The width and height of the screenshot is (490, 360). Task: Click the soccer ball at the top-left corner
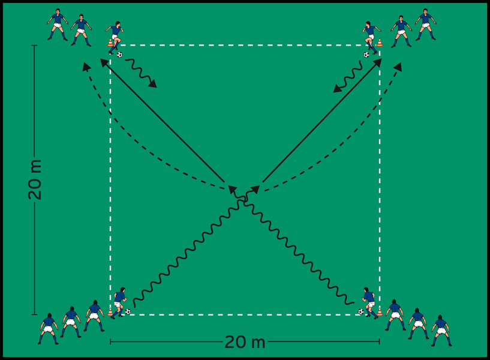point(119,55)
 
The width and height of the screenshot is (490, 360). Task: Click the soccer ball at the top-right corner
point(366,55)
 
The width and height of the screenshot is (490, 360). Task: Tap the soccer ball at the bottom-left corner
point(128,311)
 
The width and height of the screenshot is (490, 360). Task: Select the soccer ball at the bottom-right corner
point(360,311)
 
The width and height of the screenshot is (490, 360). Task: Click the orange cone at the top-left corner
point(110,43)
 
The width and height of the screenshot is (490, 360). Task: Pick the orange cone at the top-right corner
point(380,43)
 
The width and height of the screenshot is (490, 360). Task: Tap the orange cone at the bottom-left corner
point(110,311)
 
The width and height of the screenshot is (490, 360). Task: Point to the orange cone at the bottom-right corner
point(379,311)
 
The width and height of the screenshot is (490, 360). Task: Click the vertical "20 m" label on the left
point(35,180)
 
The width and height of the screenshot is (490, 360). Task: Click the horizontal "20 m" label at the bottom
point(245,343)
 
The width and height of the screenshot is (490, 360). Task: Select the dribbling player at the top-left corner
point(115,37)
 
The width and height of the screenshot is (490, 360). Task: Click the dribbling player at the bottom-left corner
point(119,302)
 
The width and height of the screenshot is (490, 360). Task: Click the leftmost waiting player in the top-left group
point(57,24)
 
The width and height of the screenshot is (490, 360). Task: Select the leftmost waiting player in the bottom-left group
point(48,328)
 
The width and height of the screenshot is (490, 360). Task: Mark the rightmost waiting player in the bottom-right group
point(441,330)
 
